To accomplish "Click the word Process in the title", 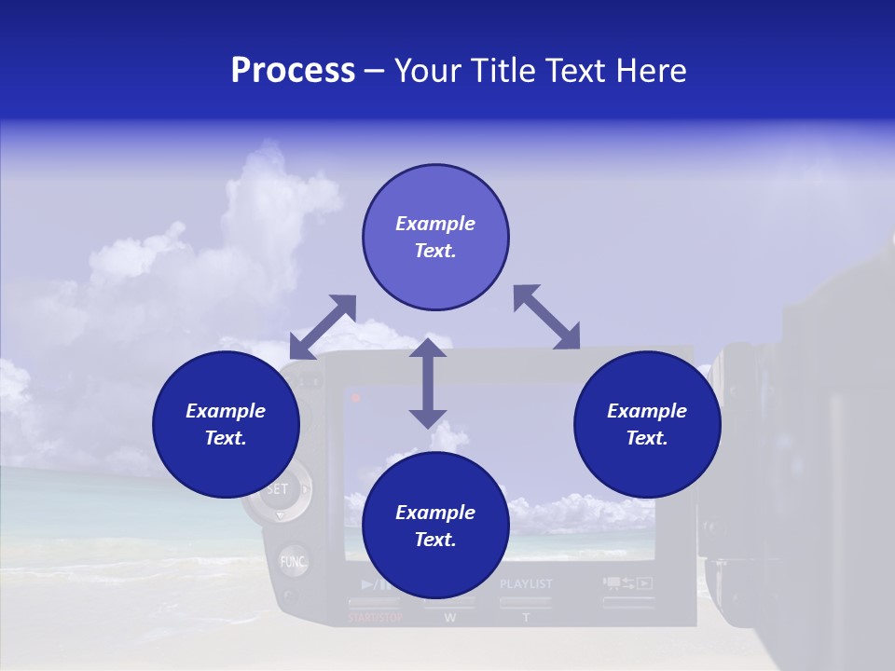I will (x=293, y=71).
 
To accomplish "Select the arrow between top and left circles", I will (x=323, y=327).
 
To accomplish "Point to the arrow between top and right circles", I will (x=547, y=318).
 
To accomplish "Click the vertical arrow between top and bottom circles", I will (x=428, y=383).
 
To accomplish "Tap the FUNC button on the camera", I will (x=293, y=562).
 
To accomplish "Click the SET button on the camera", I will (x=277, y=489).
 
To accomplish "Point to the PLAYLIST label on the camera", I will (x=526, y=584).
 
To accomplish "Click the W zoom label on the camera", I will (x=450, y=618).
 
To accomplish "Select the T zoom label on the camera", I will (x=526, y=618).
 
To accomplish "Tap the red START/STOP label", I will (x=376, y=618).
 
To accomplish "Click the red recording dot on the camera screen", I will (x=356, y=398).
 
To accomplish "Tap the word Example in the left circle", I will (x=226, y=411).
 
